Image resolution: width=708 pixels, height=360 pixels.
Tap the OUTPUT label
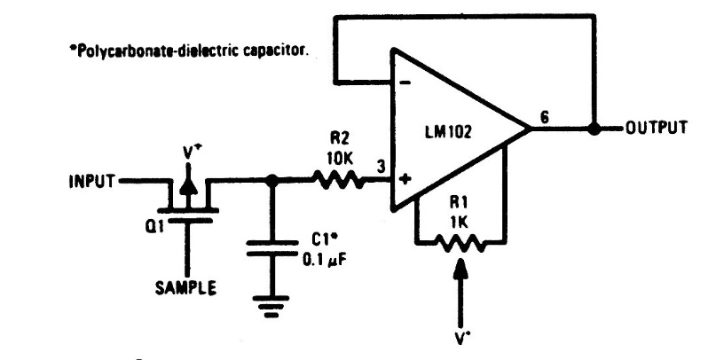(657, 128)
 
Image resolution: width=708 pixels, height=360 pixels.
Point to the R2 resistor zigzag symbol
(336, 181)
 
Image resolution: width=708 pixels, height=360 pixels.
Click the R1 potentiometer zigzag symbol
(460, 241)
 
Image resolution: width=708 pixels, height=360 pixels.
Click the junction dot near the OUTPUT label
(595, 129)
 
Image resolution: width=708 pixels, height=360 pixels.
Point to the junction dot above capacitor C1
(272, 181)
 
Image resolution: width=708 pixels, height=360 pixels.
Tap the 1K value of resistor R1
(460, 219)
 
